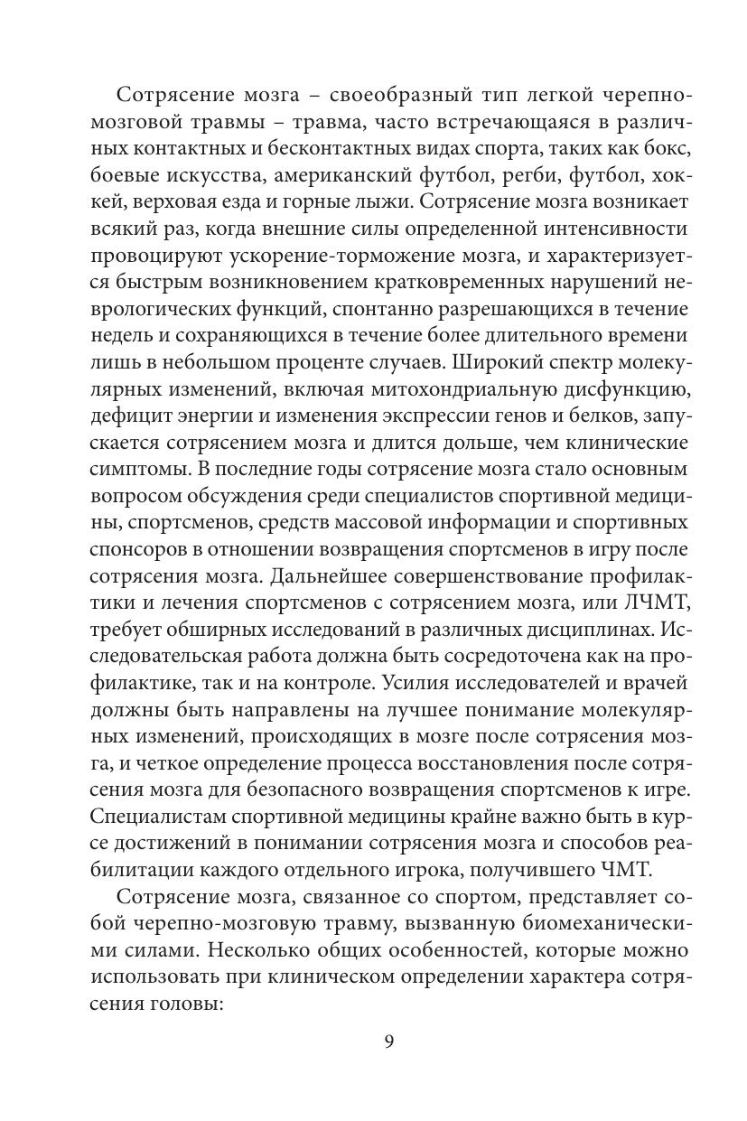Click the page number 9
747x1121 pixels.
[x=388, y=1042]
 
